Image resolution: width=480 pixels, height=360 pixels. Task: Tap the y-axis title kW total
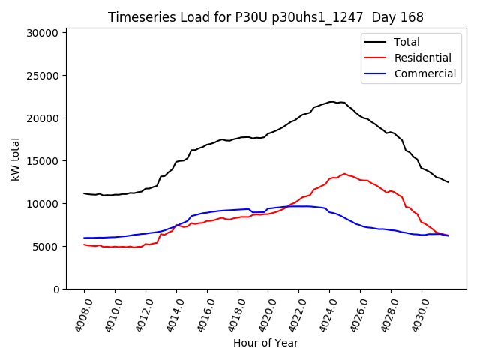point(16,159)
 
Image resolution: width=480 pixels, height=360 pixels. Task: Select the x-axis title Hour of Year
point(265,343)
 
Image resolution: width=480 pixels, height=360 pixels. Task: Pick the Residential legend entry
point(422,58)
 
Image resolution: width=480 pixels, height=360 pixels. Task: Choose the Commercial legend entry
point(424,73)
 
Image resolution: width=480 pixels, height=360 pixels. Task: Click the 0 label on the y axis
point(56,289)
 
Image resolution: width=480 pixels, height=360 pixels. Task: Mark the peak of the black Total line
point(331,101)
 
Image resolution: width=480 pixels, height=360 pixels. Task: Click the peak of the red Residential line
point(345,174)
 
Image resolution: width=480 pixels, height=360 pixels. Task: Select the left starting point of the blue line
point(84,238)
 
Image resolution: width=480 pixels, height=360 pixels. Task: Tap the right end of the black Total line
point(448,182)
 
